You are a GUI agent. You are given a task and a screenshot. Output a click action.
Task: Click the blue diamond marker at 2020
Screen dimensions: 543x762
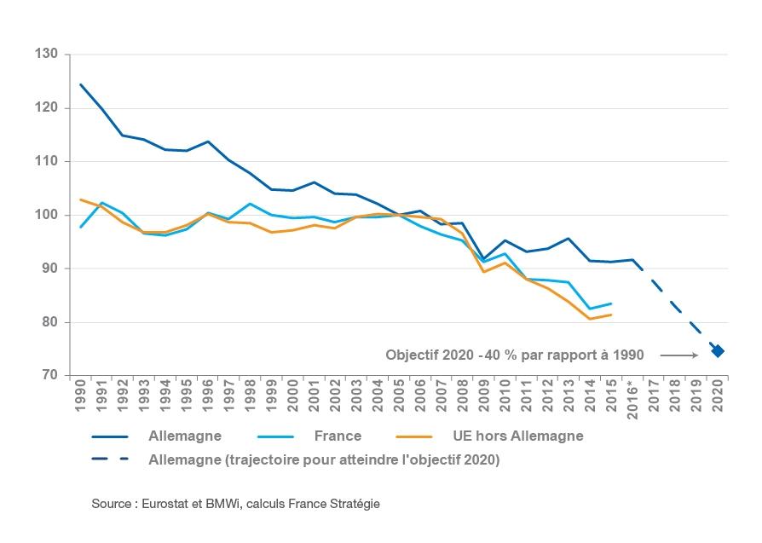719,351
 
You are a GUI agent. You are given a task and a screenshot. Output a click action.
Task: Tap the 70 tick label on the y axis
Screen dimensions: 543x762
50,376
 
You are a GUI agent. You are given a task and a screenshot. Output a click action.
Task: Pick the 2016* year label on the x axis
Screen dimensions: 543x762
632,400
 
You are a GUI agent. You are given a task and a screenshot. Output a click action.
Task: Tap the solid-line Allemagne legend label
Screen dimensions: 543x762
184,436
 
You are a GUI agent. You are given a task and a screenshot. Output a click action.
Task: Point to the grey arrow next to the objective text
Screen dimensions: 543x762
678,355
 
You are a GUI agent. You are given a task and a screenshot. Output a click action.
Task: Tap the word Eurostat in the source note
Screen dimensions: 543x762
163,504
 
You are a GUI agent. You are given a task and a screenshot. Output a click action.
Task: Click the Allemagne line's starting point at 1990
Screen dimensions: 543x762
80,84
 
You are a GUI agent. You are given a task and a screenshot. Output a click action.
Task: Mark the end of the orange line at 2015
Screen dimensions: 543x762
611,315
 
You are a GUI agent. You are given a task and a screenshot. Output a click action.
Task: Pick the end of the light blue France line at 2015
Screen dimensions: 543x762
611,303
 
